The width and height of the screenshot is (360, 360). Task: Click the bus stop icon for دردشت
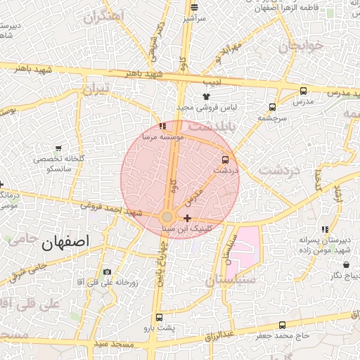(225, 160)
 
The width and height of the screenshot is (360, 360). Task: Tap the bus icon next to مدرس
(303, 91)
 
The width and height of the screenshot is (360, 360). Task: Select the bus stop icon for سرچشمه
(271, 107)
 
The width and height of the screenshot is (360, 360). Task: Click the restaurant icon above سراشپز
(193, 8)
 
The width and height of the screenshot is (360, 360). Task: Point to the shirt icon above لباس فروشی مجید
(206, 96)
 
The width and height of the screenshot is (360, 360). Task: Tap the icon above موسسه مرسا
(163, 126)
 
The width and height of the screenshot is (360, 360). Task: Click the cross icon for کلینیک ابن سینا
(186, 219)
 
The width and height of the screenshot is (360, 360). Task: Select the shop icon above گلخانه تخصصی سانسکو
(58, 148)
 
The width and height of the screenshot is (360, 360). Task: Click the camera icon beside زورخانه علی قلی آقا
(107, 271)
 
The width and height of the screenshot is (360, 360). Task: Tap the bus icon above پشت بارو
(159, 318)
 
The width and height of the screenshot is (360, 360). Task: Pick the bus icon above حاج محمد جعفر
(282, 325)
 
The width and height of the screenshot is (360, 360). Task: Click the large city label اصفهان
(65, 243)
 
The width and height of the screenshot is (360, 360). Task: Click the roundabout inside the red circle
(167, 217)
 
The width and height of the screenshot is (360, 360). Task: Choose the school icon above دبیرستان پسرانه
(324, 229)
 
